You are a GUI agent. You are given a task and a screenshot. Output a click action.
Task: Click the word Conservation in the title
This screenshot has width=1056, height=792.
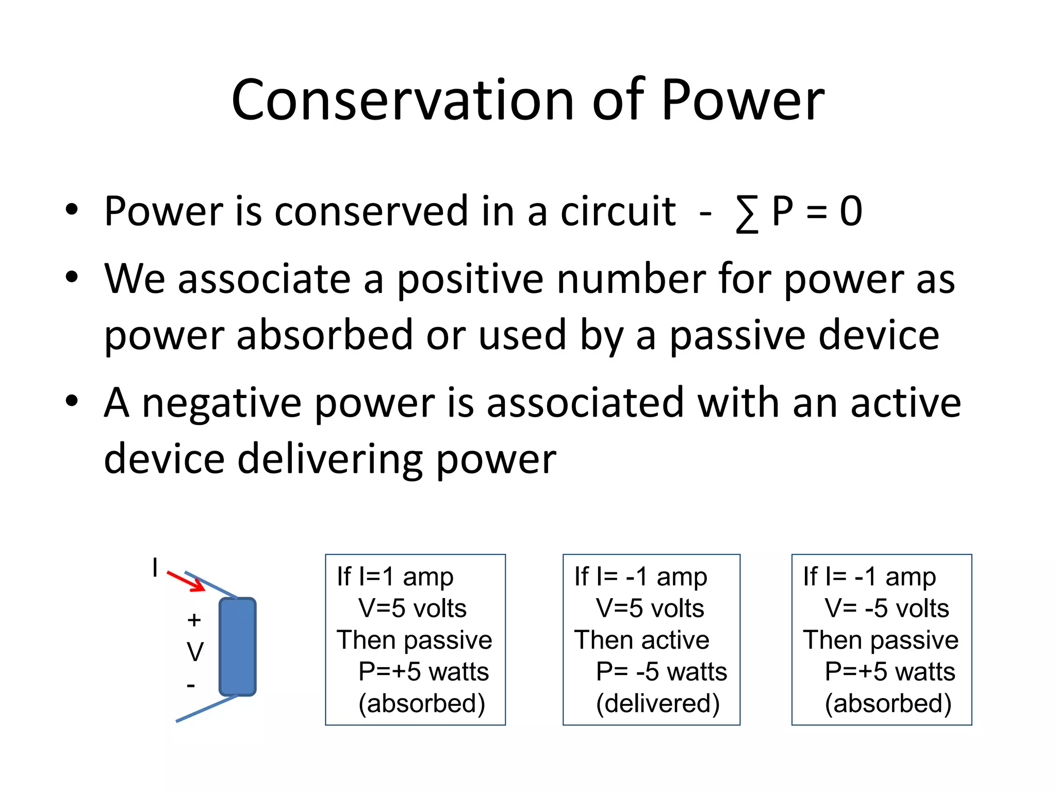pos(402,100)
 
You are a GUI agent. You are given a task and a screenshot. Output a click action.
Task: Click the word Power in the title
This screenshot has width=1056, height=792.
pos(742,100)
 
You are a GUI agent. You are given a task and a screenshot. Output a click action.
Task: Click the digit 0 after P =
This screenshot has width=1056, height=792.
pos(851,211)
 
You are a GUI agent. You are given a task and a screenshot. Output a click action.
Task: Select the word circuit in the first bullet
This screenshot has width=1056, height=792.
pos(618,211)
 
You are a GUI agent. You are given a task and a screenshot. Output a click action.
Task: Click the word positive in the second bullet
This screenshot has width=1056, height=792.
pos(470,279)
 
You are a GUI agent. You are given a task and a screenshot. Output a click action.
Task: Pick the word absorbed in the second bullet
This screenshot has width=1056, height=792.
pos(325,335)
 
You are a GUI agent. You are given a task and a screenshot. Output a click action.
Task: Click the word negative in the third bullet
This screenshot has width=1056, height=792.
pos(222,403)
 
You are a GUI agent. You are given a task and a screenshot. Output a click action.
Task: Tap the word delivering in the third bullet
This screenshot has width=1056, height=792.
pos(329,459)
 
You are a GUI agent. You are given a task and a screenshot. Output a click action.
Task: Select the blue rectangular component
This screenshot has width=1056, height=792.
pos(238,647)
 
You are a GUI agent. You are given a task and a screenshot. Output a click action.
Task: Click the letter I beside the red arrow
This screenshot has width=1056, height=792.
pos(155,567)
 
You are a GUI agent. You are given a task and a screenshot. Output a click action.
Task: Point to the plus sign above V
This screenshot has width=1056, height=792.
pos(194,620)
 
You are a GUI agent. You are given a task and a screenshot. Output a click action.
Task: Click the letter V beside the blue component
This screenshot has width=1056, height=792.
pos(195,652)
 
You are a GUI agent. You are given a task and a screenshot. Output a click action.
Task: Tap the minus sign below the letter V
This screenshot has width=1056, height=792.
pos(191,685)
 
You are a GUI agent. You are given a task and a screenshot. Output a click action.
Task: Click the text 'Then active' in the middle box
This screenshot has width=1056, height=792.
pos(641,640)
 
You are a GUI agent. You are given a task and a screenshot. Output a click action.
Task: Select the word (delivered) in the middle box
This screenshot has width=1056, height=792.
pos(657,703)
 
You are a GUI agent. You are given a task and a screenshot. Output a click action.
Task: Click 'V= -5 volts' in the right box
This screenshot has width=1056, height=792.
pos(886,608)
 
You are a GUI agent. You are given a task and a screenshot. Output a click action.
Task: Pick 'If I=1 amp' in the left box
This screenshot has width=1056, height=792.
pos(395,576)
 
